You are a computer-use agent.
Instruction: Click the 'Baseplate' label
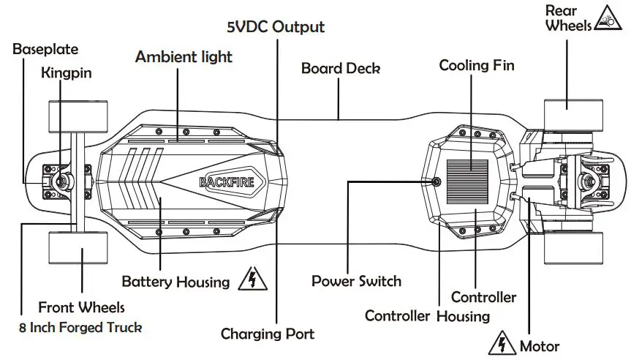[45, 50]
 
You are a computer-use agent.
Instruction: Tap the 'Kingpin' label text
[67, 72]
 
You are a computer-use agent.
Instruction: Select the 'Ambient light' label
[184, 56]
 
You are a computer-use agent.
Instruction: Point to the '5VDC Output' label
[273, 27]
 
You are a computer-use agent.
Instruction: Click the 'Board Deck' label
[341, 69]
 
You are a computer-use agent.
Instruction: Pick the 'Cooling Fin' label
[477, 66]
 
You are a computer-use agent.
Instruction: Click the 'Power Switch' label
[356, 281]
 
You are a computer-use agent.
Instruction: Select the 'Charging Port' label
[268, 334]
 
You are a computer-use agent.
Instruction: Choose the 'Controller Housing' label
[427, 316]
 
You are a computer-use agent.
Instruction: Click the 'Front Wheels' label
[81, 307]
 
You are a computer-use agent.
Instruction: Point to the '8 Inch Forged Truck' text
[81, 328]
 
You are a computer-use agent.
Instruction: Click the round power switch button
[437, 181]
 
